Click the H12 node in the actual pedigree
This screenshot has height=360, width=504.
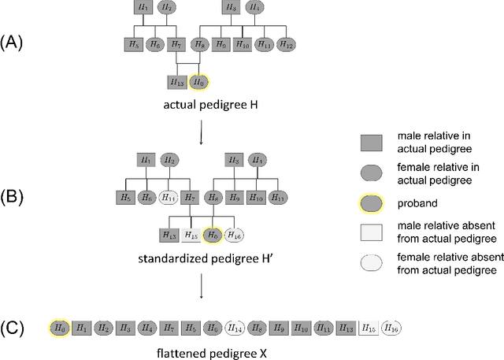coord(286,46)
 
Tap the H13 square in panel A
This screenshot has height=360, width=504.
coord(177,81)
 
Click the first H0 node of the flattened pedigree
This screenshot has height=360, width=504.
coord(59,326)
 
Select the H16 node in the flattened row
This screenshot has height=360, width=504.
coord(390,326)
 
